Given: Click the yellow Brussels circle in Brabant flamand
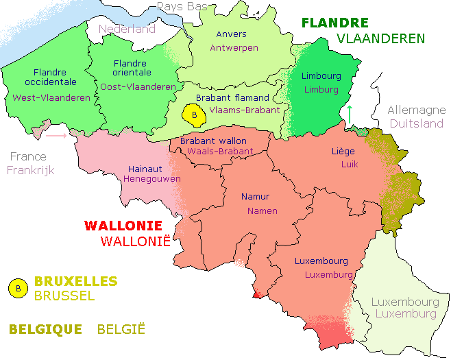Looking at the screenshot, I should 195,115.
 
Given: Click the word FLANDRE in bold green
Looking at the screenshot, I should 335,23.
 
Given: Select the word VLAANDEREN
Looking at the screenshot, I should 380,39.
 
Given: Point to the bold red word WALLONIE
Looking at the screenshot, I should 123,226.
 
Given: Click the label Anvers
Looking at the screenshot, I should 231,34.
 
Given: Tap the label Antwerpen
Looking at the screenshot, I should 234,48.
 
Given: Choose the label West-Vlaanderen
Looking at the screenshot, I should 51,98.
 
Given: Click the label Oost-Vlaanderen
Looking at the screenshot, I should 137,87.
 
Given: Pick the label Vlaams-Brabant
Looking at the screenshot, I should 245,110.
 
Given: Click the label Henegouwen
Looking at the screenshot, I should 152,178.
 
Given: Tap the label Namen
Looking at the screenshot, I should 263,211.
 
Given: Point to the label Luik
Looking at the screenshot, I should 350,165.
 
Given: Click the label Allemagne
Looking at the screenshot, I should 416,110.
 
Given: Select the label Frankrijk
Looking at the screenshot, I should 31,170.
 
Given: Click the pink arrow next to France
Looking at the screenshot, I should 56,136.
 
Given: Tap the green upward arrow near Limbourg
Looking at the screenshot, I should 350,114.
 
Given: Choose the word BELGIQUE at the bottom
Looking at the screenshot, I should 45,329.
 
